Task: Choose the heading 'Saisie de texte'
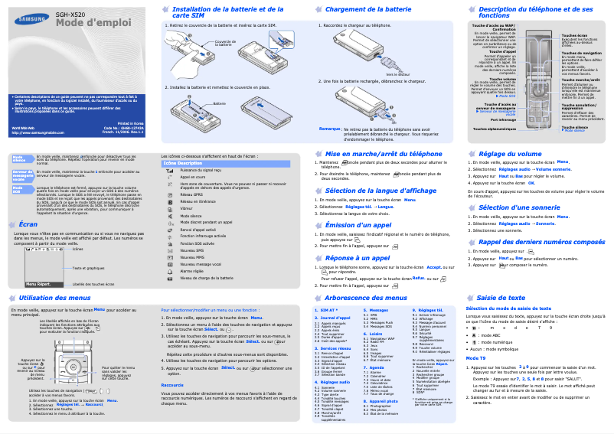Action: coord(501,297)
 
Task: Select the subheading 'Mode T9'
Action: coord(475,358)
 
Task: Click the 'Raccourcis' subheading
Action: coord(172,385)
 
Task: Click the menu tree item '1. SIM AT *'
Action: coord(326,310)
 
